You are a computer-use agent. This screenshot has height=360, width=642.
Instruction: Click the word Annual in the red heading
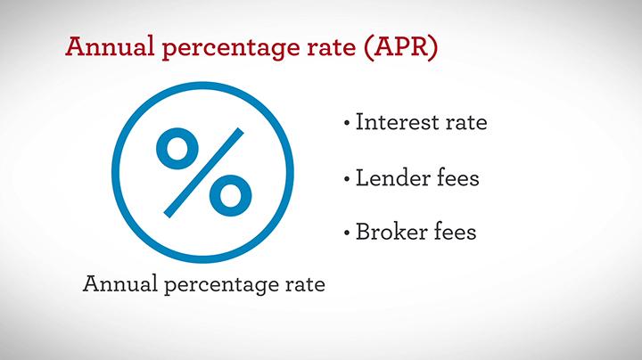click(x=111, y=45)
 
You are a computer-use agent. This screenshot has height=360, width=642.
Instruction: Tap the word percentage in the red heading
click(x=231, y=48)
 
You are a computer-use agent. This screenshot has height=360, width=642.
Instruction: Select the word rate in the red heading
click(x=331, y=47)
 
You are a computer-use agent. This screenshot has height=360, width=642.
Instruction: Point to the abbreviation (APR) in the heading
click(x=401, y=47)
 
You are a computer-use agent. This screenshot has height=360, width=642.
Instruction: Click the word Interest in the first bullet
click(x=397, y=122)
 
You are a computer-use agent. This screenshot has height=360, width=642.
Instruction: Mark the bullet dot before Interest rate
click(x=347, y=122)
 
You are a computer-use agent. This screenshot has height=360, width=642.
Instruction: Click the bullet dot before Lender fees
click(x=347, y=178)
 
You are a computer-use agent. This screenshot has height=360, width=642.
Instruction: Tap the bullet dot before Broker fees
click(x=347, y=233)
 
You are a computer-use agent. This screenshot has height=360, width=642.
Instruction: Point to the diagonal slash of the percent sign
click(x=204, y=173)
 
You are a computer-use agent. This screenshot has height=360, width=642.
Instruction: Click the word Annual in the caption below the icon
click(x=120, y=283)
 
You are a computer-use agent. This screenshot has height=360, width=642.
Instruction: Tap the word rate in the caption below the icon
click(x=304, y=284)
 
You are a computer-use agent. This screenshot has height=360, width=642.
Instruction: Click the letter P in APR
click(x=402, y=46)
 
